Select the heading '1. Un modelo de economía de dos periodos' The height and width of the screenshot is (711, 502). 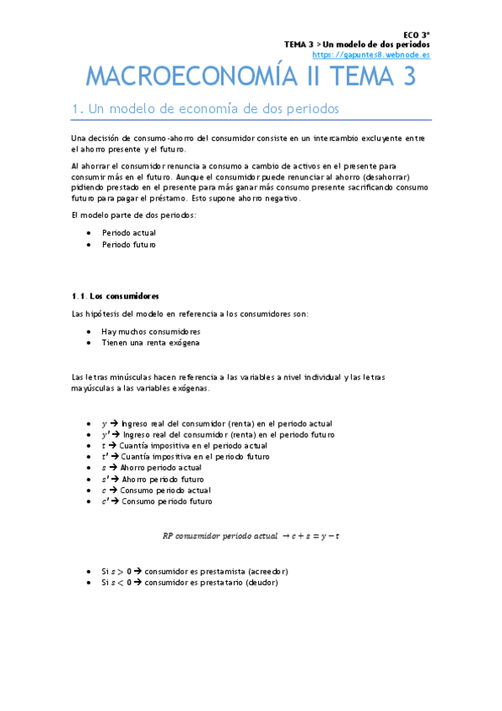tap(205, 110)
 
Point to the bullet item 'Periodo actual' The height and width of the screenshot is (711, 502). tap(129, 232)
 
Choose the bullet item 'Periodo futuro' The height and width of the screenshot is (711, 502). tap(129, 245)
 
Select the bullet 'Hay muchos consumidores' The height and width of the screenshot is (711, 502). tap(146, 331)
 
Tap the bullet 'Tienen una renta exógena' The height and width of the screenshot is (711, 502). tap(150, 343)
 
